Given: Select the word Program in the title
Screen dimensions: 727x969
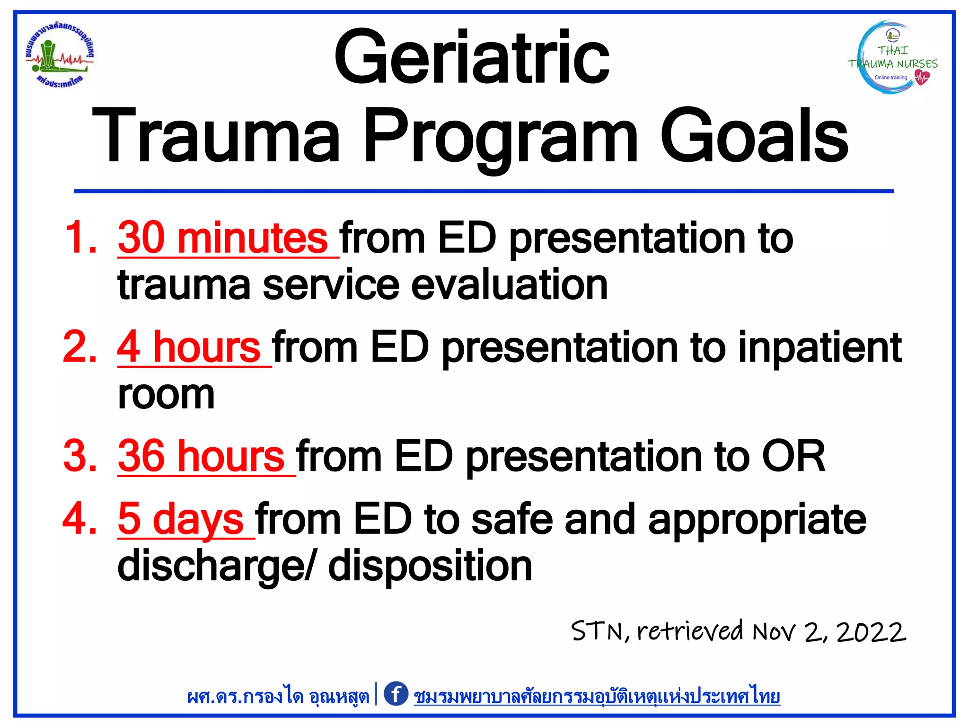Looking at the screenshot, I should [502, 137].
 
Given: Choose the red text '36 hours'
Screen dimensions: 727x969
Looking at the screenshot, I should [201, 456].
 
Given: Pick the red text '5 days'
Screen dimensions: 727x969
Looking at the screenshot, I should [181, 519].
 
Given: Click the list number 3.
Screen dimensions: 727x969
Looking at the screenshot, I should [79, 456].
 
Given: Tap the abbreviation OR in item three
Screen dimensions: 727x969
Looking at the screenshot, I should [793, 456].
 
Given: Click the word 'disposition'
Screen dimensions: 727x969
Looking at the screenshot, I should [430, 567].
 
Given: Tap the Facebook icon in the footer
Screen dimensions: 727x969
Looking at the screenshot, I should [396, 694].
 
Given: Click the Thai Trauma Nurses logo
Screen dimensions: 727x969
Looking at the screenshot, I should [892, 58].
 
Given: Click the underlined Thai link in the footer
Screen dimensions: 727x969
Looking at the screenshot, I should [597, 696].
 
